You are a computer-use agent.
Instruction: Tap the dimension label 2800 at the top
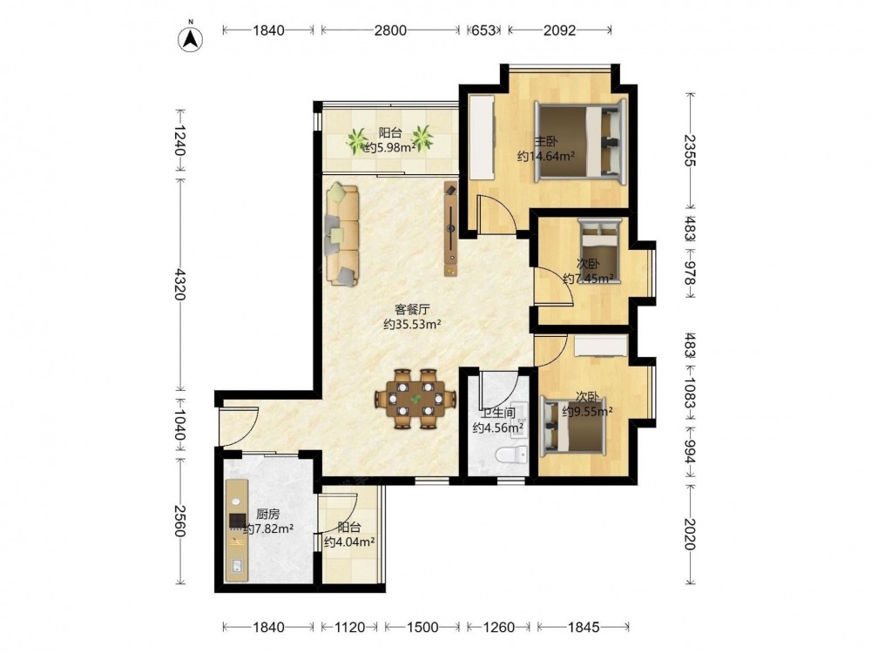(390, 30)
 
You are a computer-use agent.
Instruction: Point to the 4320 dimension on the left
(179, 284)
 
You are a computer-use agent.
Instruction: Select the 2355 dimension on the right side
(690, 150)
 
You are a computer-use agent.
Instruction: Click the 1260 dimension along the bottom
(498, 628)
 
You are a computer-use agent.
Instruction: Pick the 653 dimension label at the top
(483, 30)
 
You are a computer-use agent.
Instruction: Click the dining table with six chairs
(415, 399)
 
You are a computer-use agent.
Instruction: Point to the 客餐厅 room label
(412, 309)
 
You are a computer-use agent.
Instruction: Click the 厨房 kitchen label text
(267, 515)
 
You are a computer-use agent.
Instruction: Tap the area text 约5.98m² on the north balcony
(390, 147)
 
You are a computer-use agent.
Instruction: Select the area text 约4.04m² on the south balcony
(349, 542)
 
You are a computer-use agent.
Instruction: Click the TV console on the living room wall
(450, 228)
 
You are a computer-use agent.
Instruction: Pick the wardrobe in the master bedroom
(482, 138)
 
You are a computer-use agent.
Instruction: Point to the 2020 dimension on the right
(690, 534)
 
